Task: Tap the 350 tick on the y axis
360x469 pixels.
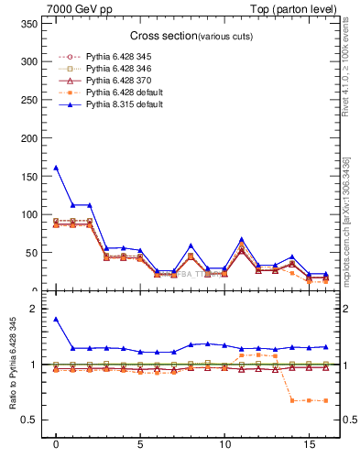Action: click(30, 24)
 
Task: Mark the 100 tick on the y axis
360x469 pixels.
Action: click(30, 214)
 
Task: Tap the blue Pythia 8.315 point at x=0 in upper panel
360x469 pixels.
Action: click(56, 168)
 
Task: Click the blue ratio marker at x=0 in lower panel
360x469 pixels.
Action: click(56, 320)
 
